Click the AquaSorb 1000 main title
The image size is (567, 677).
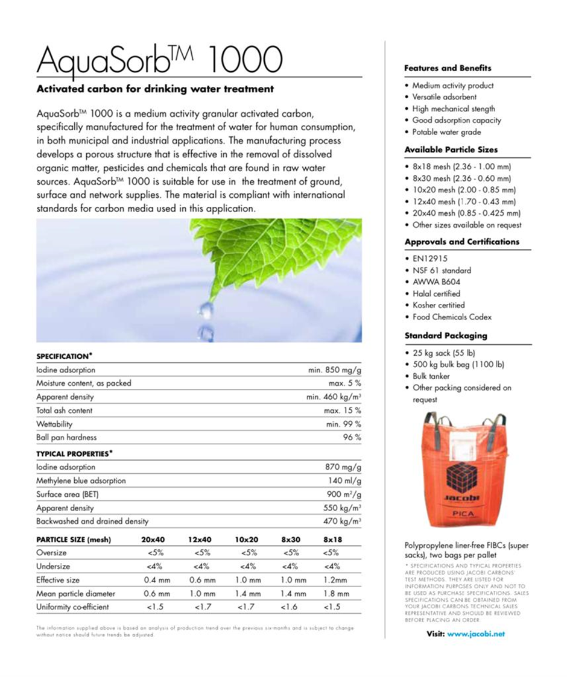159,60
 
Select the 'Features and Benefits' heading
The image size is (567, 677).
448,68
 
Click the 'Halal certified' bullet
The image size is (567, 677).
436,294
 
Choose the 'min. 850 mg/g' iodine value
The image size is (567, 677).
335,370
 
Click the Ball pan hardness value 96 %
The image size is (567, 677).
352,438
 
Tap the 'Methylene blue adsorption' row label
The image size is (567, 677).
81,480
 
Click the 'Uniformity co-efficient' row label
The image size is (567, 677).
72,607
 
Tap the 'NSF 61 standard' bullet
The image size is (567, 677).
442,271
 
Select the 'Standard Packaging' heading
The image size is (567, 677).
445,335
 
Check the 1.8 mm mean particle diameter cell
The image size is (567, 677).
335,594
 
